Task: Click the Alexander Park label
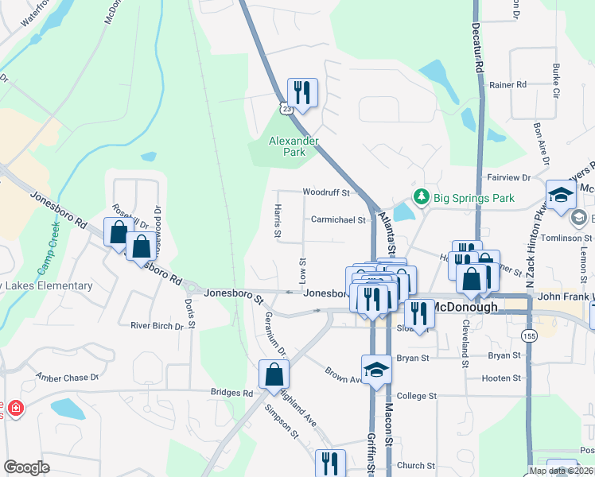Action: click(294, 146)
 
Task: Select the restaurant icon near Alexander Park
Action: click(302, 92)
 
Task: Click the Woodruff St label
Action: click(326, 192)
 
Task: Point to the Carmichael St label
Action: click(338, 220)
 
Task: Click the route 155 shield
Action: click(527, 335)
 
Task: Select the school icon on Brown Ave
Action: click(376, 369)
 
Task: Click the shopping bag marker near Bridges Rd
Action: click(274, 374)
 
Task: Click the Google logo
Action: click(27, 467)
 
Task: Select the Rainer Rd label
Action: click(509, 84)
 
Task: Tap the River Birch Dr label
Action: click(157, 325)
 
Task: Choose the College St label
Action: click(417, 395)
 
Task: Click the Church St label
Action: click(417, 466)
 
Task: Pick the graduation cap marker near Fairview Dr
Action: click(561, 194)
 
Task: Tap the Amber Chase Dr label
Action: click(67, 377)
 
